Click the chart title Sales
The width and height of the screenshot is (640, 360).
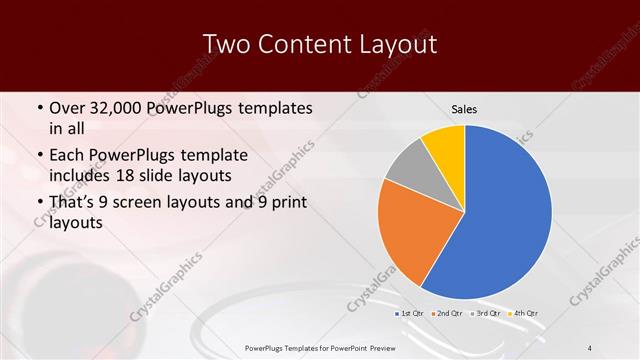(x=464, y=108)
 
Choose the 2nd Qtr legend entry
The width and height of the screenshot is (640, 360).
(x=447, y=313)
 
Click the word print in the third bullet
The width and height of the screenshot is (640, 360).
(x=288, y=202)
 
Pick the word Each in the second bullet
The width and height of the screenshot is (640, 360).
(x=68, y=155)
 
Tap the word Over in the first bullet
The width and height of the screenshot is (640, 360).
(x=69, y=108)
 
